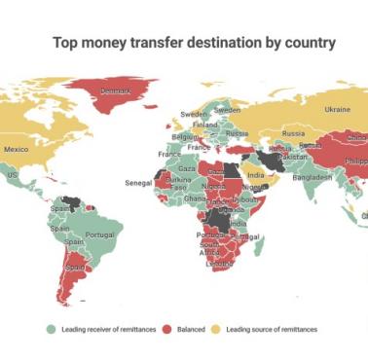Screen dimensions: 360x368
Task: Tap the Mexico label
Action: coord(17,150)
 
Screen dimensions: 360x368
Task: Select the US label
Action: coord(13,175)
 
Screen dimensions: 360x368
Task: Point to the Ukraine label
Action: coord(337,109)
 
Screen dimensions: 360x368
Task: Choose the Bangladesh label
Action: coord(312,177)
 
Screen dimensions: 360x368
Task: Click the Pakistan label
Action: coord(291,157)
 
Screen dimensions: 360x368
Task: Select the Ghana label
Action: coord(195,198)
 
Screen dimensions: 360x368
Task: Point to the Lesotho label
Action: coord(219,263)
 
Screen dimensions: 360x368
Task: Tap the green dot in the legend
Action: coord(52,330)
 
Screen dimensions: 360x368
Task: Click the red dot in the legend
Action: coord(168,330)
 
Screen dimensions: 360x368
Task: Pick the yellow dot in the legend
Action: coord(219,330)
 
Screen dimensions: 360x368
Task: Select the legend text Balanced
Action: coord(191,330)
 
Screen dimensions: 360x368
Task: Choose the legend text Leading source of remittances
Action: coord(272,330)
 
